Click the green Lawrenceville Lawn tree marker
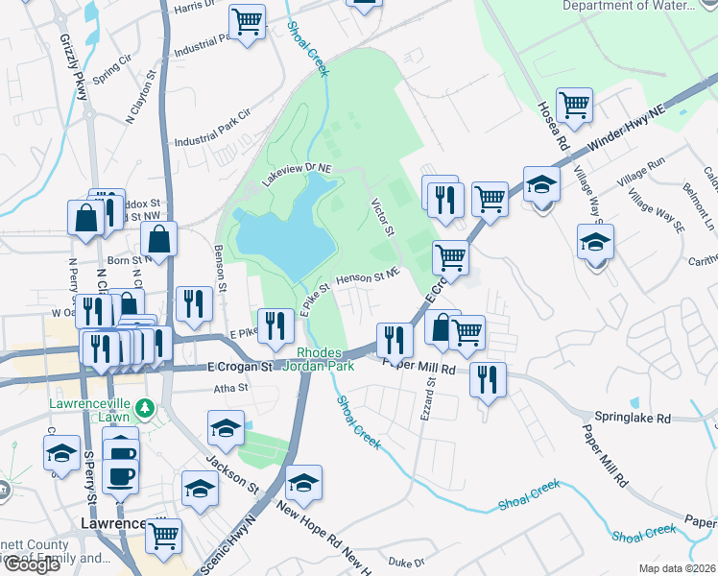pos(145,408)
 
